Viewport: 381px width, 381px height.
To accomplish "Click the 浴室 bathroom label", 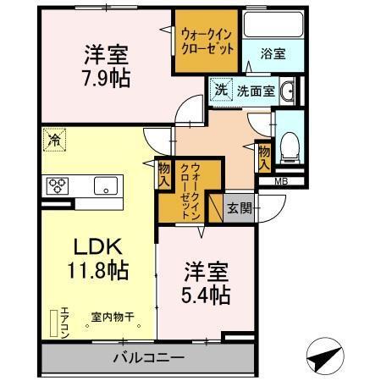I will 273,52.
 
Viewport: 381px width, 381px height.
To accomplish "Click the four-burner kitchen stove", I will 58,185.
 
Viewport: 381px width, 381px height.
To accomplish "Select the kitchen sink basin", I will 107,185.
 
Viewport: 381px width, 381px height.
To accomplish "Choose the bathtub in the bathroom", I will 272,24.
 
